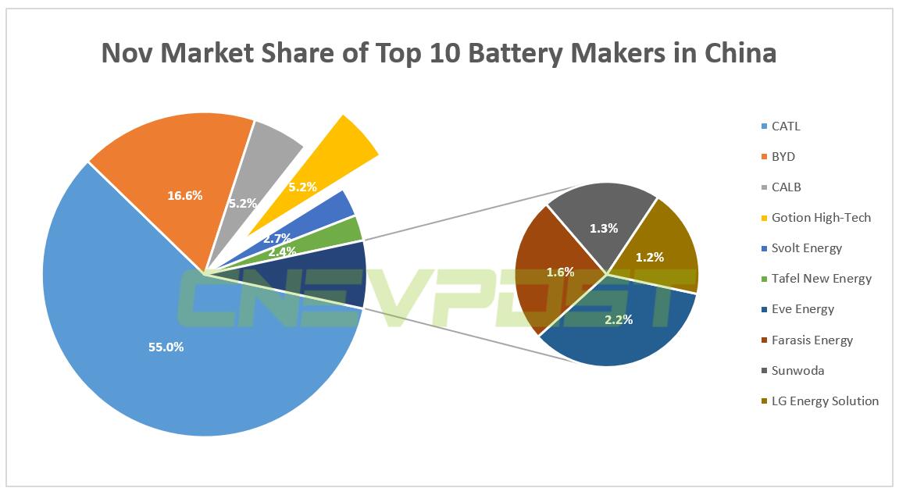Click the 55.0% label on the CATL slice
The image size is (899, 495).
point(166,347)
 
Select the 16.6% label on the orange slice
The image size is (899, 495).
point(185,196)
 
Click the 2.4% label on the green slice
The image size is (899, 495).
point(282,252)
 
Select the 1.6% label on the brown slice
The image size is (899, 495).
point(560,272)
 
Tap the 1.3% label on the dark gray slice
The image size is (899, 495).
point(604,229)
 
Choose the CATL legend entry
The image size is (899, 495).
point(786,126)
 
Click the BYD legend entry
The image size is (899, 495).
point(783,157)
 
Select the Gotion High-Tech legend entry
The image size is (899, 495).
point(821,218)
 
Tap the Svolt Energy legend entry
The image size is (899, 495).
point(807,248)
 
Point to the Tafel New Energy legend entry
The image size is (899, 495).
point(821,279)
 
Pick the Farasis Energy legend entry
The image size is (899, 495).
point(812,340)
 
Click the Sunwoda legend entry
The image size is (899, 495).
point(797,371)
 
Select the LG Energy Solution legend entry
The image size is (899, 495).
point(825,401)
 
